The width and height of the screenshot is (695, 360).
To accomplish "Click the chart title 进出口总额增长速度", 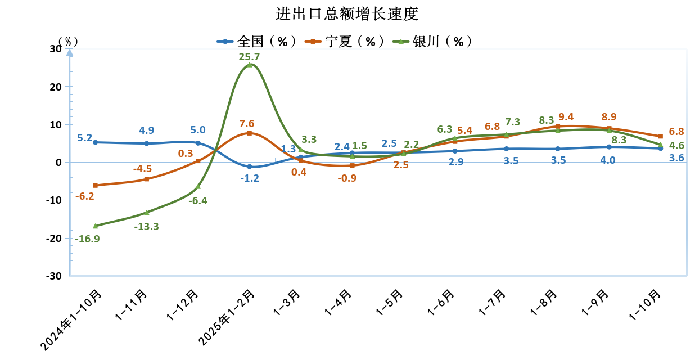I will pos(347,13).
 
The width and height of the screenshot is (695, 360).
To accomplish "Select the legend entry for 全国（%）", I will pos(256,42).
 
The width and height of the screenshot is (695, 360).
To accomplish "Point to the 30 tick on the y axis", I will pos(55,49).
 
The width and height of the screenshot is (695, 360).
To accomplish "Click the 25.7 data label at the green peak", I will pos(249,56).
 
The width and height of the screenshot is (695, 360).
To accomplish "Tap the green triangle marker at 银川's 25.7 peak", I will pos(249,65).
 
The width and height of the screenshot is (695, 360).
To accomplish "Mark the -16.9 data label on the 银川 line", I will pos(87,238).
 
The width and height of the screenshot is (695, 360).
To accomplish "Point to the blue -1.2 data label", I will pos(249,178).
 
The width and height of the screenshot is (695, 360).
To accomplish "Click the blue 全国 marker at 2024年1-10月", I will pos(95,142).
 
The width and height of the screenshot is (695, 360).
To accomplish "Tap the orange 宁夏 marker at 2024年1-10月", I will pos(95,185).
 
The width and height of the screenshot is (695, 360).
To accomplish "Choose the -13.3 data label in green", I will pos(146,226).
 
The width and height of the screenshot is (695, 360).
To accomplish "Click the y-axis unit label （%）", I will pos(68,41).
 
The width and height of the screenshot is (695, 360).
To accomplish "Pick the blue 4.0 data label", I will pos(608,160).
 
